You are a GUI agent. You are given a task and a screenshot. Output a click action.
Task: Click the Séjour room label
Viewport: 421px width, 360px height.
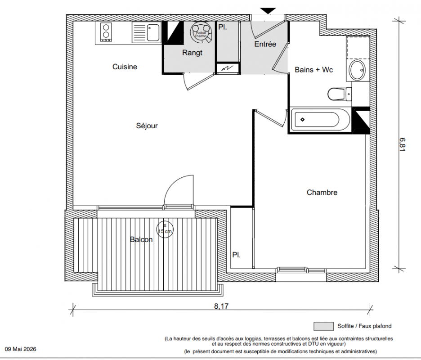click(x=147, y=126)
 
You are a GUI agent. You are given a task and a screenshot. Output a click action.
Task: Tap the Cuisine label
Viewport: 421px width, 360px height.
click(x=125, y=67)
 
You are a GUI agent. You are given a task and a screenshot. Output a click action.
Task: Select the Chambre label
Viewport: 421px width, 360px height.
click(x=322, y=192)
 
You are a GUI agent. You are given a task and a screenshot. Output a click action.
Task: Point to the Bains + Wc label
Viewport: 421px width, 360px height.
click(x=314, y=70)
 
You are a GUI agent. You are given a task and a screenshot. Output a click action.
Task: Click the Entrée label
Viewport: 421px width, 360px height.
click(x=265, y=44)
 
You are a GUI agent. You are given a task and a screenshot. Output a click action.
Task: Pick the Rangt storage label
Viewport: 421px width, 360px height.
click(x=192, y=53)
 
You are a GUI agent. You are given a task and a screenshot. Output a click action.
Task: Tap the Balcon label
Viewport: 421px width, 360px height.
click(x=141, y=239)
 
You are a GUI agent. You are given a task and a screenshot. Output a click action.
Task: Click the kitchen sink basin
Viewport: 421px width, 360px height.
click(x=153, y=32)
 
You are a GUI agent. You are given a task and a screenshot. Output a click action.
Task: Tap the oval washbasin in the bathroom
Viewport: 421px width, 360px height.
click(x=357, y=70)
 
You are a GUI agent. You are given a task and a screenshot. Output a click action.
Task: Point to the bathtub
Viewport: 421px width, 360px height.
click(x=319, y=120)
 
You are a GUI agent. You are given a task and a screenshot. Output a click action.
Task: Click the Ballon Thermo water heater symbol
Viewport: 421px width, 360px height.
click(x=201, y=32)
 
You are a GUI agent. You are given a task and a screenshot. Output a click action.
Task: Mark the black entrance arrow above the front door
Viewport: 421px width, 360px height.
click(x=268, y=11)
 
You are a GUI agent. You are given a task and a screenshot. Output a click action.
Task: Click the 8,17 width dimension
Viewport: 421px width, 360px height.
click(x=221, y=306)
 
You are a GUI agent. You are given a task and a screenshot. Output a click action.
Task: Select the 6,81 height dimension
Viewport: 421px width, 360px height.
click(x=402, y=144)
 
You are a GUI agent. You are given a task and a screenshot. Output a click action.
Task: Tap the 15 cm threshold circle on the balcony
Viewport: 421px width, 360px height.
click(x=165, y=229)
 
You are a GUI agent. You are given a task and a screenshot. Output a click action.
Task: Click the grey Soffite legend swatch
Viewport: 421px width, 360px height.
click(x=323, y=326)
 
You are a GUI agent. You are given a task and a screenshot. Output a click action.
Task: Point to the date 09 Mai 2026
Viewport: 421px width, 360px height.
click(x=20, y=349)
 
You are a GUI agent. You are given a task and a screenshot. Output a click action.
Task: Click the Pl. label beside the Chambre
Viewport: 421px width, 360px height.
click(x=236, y=255)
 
